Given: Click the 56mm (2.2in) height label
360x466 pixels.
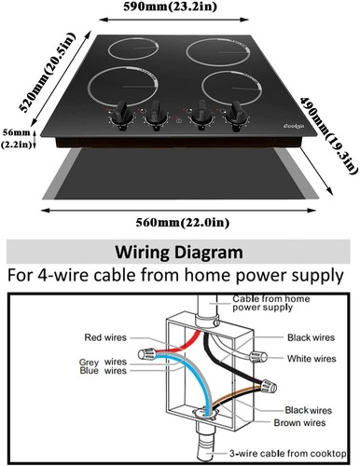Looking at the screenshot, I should coord(17,137).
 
